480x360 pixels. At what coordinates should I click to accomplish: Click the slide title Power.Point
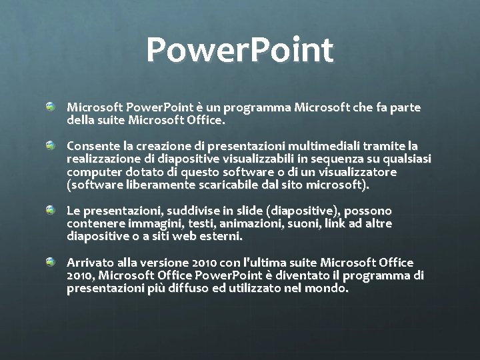(240, 51)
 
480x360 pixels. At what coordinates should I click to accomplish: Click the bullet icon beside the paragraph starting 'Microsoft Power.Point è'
(51, 107)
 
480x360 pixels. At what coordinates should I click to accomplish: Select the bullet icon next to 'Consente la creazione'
(51, 145)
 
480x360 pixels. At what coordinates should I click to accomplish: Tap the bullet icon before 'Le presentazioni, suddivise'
(51, 210)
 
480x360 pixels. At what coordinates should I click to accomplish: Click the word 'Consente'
(90, 145)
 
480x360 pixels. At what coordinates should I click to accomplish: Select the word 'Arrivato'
(88, 263)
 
